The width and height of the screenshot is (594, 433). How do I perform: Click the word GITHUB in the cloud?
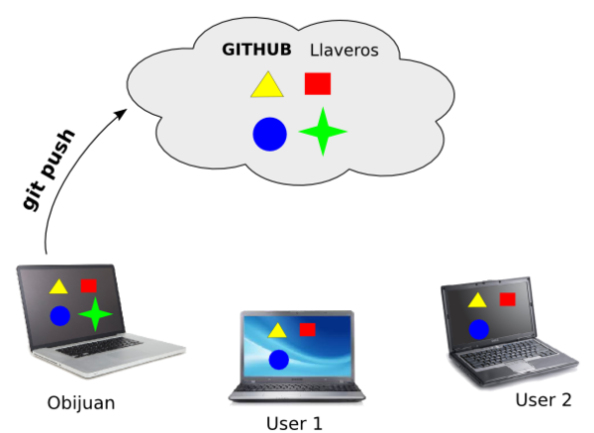255,50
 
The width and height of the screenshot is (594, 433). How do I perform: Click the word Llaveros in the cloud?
345,50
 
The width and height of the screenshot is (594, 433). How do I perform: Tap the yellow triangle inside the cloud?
266,86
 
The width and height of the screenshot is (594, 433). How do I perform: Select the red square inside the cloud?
318,83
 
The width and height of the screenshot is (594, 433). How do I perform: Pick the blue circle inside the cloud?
269,134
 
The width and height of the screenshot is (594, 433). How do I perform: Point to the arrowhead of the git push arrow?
122,112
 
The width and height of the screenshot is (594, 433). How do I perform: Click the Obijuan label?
81,402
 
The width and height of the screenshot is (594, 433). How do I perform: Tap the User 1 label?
294,423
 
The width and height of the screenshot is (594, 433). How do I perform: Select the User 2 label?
544,400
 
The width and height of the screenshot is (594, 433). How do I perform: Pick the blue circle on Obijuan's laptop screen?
59,316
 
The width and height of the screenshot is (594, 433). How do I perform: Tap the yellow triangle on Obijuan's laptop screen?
58,287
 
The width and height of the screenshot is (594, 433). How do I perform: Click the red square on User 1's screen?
308,329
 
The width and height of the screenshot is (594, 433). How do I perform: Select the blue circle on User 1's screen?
278,358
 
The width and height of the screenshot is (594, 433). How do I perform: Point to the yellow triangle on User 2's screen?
477,300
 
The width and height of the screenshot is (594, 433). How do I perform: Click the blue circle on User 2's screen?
479,329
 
